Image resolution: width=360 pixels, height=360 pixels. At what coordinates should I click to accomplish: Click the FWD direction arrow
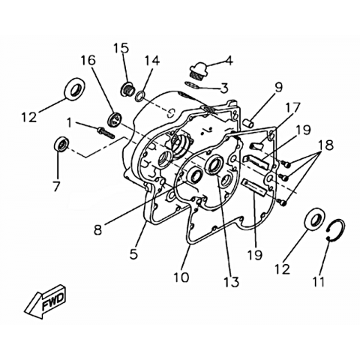click(46, 301)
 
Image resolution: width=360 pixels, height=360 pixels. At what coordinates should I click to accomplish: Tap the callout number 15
click(121, 49)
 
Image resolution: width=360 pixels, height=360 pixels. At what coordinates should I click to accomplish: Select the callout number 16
click(88, 61)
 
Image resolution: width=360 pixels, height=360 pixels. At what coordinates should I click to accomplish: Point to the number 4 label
click(229, 61)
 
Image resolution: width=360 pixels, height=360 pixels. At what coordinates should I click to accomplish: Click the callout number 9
click(277, 88)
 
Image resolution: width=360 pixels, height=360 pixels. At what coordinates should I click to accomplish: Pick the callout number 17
click(292, 108)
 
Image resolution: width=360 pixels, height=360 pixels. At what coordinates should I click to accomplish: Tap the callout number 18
click(325, 145)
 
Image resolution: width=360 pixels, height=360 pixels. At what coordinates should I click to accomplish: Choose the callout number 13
click(232, 282)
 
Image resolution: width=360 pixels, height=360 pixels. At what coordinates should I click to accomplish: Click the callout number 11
click(318, 282)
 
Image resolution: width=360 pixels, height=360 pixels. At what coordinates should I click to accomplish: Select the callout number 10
click(181, 277)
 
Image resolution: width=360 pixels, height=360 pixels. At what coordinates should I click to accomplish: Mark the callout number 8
click(98, 230)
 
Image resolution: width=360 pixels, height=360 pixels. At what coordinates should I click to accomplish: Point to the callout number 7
click(57, 186)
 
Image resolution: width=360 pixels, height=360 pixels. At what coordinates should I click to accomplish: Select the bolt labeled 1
click(106, 133)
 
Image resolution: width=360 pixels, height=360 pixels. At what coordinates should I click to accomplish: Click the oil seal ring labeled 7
click(61, 144)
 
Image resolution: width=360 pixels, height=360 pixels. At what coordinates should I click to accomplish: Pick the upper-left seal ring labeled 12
click(74, 88)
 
